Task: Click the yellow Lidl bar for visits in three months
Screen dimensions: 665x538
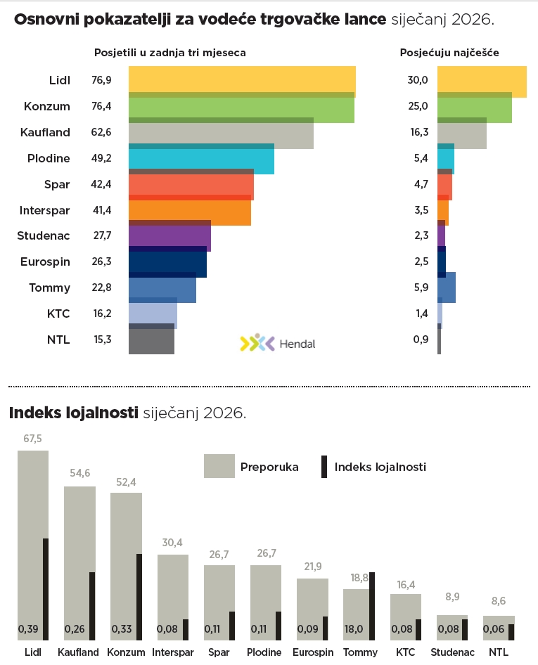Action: [242, 80]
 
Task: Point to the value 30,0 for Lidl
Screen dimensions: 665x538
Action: [418, 80]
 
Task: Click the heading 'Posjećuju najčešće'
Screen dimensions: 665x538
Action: [449, 53]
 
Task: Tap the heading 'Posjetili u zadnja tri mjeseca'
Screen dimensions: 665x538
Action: [169, 53]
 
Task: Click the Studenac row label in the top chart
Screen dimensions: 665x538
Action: [44, 235]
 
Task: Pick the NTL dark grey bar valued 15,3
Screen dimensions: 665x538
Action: [151, 341]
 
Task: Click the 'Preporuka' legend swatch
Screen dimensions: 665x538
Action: [219, 466]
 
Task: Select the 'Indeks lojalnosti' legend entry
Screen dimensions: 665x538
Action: [380, 467]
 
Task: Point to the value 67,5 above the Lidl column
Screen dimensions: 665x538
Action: [33, 439]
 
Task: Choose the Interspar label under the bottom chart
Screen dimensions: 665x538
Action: [173, 652]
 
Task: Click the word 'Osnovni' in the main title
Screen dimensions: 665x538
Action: [46, 19]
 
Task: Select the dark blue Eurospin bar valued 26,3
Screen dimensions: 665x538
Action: [167, 263]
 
